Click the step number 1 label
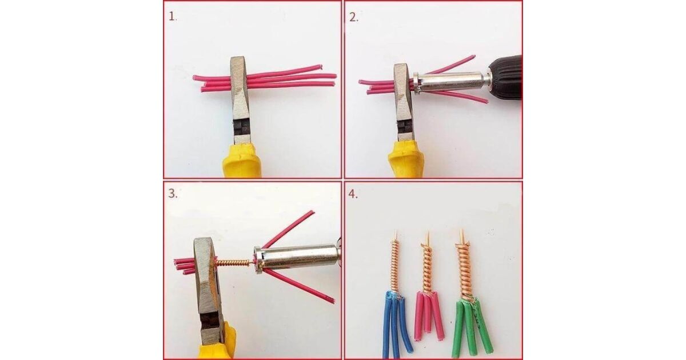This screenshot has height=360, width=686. pyautogui.click(x=173, y=17)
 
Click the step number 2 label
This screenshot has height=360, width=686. pyautogui.click(x=354, y=18)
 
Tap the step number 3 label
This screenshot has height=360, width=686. pyautogui.click(x=173, y=194)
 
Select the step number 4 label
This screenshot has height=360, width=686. pyautogui.click(x=353, y=194)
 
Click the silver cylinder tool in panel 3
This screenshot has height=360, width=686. pyautogui.click(x=297, y=258)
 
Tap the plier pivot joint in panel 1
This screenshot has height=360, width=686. pyautogui.click(x=242, y=126)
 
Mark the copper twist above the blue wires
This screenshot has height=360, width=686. pyautogui.click(x=396, y=263)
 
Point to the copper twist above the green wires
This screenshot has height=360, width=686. pyautogui.click(x=463, y=265)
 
